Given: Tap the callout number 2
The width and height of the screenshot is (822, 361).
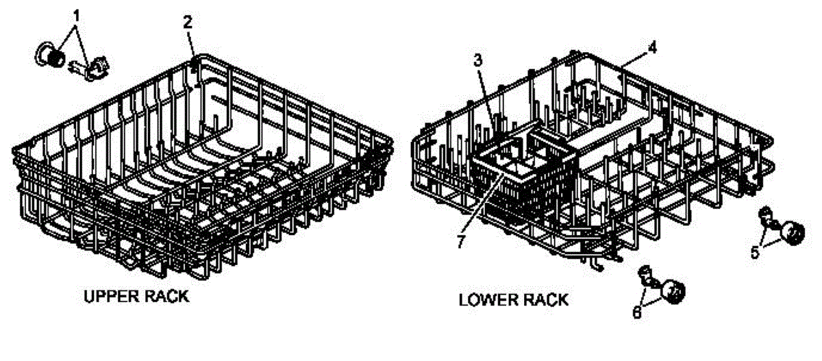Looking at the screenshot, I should tap(187, 21).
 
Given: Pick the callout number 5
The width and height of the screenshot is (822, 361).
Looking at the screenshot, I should tap(754, 252).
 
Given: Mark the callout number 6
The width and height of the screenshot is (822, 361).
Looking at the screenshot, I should tap(637, 312).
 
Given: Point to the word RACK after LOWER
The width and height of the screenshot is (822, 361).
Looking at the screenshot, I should tap(545, 299).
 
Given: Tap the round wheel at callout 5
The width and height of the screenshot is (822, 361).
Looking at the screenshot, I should tap(793, 234).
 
